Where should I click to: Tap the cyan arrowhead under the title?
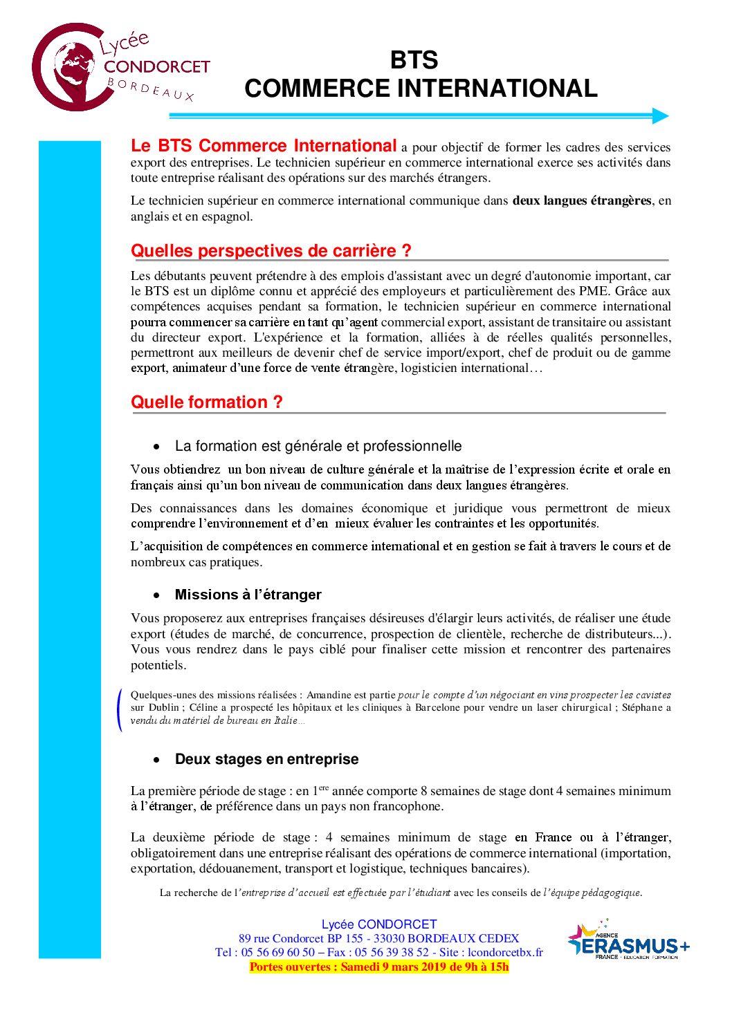click(x=661, y=116)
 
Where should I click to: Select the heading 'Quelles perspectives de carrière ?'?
click(x=271, y=251)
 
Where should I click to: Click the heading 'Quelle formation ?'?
click(x=206, y=402)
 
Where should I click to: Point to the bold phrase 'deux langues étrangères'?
click(x=581, y=201)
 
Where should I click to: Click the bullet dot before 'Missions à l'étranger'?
click(x=157, y=595)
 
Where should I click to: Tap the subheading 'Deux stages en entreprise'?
click(x=266, y=759)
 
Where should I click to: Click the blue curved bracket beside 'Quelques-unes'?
click(x=120, y=709)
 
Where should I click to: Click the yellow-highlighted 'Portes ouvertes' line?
click(x=378, y=967)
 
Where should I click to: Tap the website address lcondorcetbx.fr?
click(x=505, y=952)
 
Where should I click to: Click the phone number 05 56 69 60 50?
click(x=277, y=952)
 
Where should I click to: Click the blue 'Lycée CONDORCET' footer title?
click(x=378, y=924)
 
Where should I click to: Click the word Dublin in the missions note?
click(x=164, y=707)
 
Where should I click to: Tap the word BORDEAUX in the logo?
click(x=150, y=89)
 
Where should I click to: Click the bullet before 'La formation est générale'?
click(x=157, y=447)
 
